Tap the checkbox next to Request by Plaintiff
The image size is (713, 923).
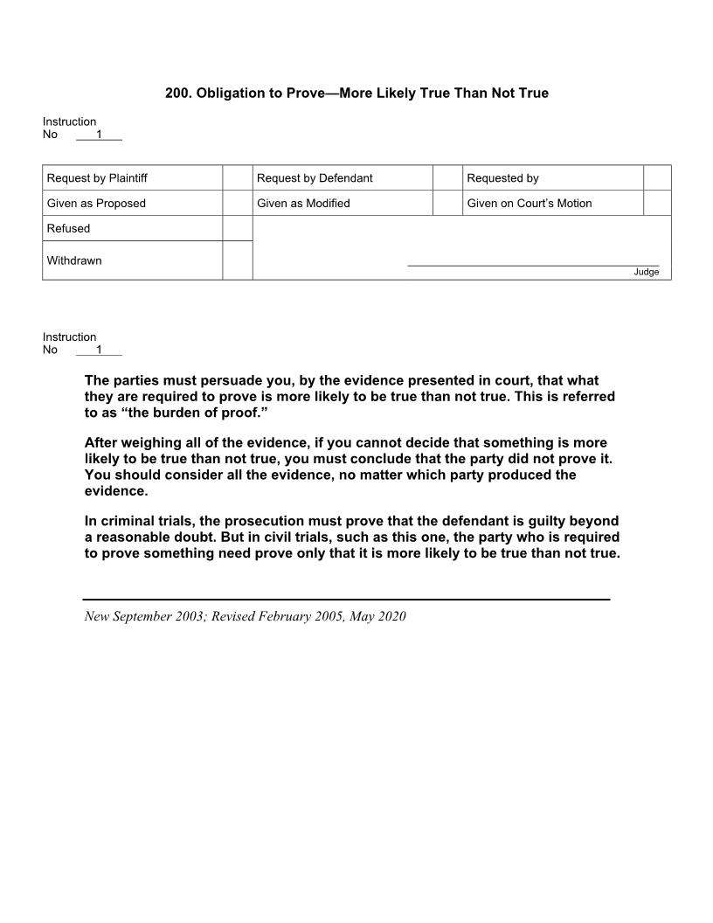click(x=237, y=178)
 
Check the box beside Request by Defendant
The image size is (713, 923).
click(x=447, y=178)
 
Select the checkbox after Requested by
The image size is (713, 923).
click(x=657, y=178)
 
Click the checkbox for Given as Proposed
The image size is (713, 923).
click(x=237, y=204)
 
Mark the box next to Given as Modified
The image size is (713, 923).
click(x=447, y=204)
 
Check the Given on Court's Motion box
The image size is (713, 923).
click(x=657, y=204)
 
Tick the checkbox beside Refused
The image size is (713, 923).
click(x=237, y=228)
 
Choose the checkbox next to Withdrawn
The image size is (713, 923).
click(x=237, y=260)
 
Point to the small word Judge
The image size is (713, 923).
click(x=646, y=272)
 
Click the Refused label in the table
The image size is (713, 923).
click(x=68, y=229)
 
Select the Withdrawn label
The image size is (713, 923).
click(x=74, y=260)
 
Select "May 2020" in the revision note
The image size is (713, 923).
click(x=377, y=616)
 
